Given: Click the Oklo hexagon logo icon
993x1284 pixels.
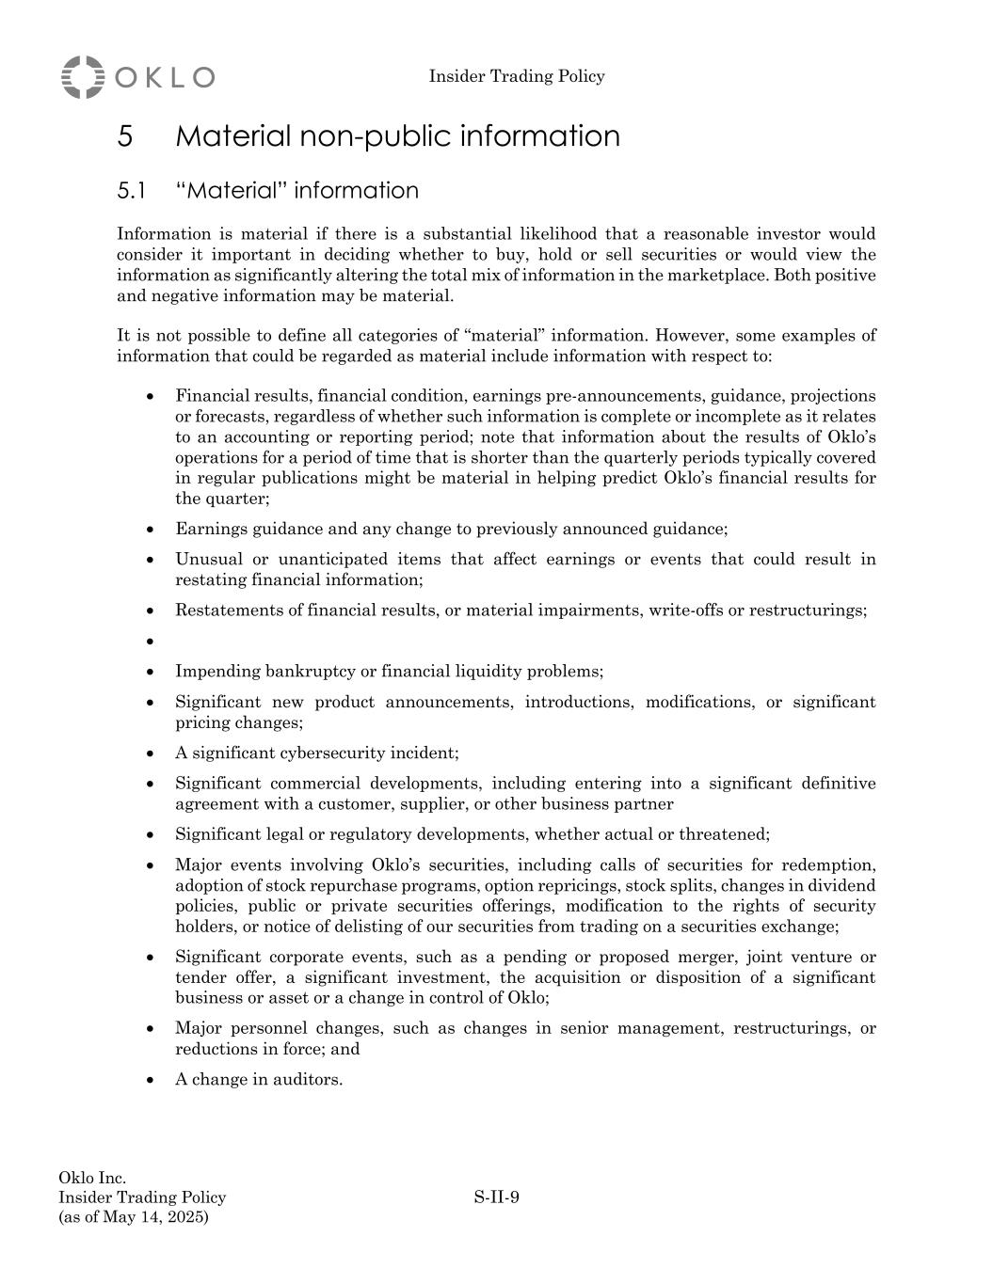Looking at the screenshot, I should [83, 77].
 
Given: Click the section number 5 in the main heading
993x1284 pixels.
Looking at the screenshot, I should [125, 136].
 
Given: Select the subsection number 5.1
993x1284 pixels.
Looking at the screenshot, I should [131, 191].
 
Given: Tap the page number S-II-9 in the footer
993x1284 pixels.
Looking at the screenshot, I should [497, 1197].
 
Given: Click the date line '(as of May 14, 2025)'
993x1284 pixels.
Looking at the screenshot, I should [134, 1217].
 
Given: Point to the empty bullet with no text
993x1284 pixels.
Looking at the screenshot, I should [151, 642].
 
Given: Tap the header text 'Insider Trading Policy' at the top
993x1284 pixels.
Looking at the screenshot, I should [517, 76].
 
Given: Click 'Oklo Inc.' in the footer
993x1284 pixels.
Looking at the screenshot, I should [92, 1178].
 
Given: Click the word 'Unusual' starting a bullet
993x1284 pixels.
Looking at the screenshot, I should [206, 560].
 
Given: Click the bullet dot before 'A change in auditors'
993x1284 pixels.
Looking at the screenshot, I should [151, 1080].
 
